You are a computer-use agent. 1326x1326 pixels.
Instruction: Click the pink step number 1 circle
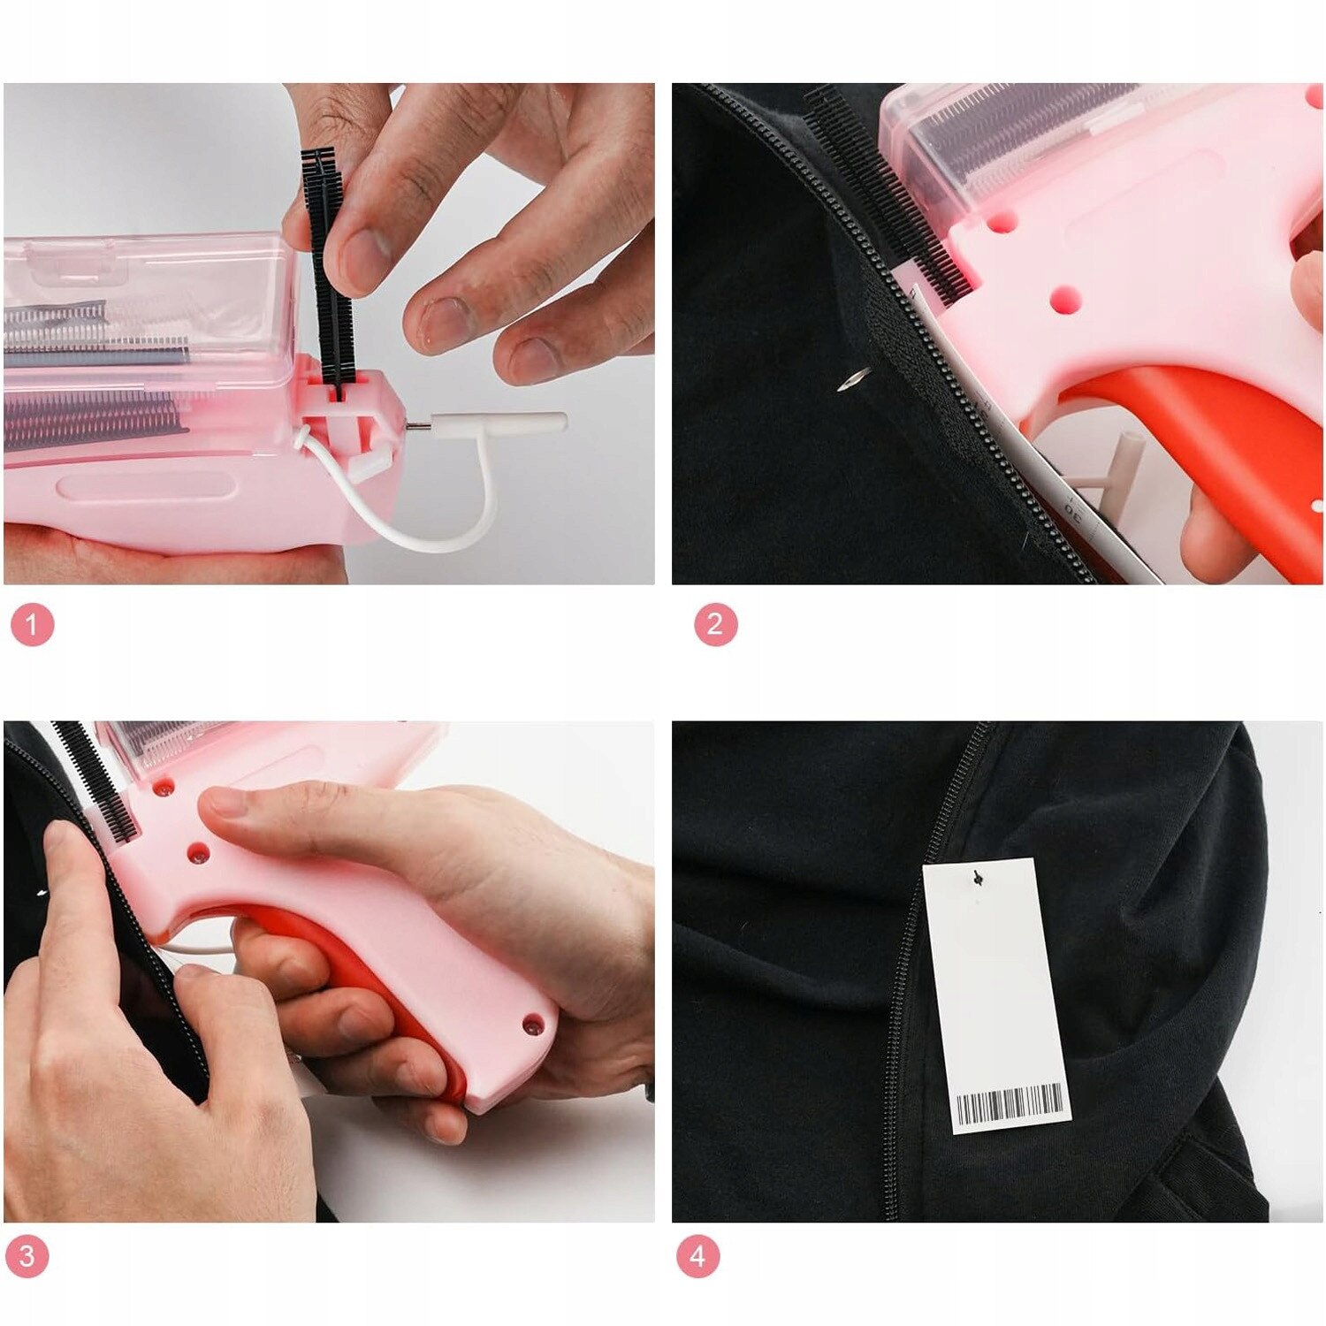click(32, 625)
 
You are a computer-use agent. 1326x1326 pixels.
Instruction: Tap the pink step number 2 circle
click(715, 624)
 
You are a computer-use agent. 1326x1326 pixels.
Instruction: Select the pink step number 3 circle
click(27, 1255)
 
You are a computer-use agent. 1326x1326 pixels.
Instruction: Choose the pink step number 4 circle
click(698, 1255)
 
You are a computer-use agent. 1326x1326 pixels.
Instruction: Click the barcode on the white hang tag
click(1010, 1105)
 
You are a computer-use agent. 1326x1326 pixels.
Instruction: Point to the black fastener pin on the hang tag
click(977, 877)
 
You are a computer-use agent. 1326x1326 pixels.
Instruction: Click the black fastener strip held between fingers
click(328, 270)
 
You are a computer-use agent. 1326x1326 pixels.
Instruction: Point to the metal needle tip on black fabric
click(854, 379)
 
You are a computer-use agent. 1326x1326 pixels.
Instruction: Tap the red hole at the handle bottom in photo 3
click(532, 1025)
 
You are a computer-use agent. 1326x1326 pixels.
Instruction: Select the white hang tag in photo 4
click(996, 995)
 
